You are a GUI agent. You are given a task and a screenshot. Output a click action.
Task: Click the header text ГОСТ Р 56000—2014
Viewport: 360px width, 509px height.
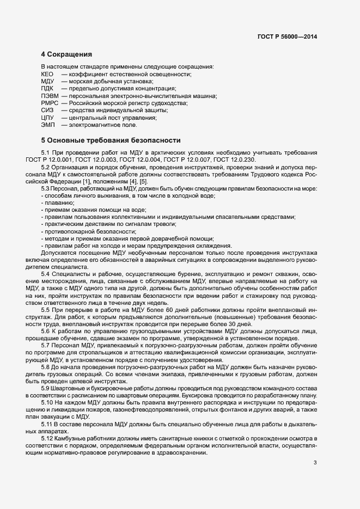287,37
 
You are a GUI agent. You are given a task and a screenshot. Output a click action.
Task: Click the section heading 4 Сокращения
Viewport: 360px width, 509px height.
66,55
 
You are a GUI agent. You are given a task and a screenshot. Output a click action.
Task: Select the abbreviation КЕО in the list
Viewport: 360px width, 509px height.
47,73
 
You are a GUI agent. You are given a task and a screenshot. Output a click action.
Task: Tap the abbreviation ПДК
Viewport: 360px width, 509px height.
47,88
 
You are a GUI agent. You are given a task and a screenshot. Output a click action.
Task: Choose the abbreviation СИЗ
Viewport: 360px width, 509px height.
47,111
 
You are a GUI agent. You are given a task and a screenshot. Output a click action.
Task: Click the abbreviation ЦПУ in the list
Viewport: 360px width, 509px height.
47,118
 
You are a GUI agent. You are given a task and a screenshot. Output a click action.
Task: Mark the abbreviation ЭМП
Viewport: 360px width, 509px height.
47,125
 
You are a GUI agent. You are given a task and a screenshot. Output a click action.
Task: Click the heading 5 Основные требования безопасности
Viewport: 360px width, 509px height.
111,141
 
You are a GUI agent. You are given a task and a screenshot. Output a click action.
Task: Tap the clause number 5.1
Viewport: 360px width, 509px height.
46,151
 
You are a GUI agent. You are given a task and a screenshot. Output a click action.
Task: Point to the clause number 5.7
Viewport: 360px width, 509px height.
46,330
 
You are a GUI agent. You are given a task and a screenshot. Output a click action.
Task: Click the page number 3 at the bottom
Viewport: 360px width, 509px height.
315,463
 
